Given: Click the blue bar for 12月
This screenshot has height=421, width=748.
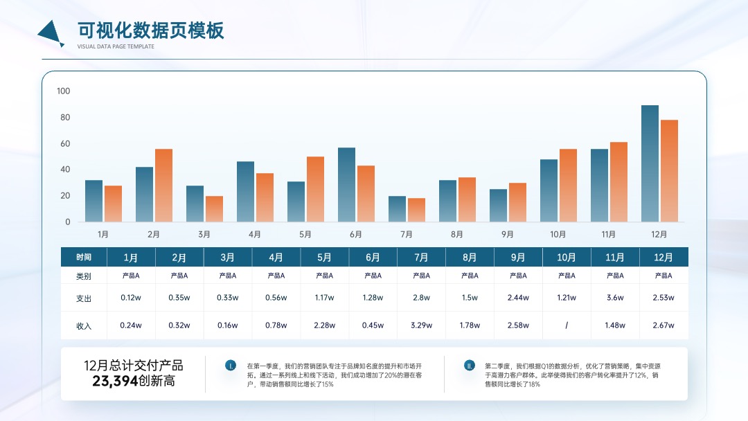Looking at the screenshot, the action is click(650, 163).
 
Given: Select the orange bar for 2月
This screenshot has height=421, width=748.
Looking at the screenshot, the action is click(163, 186).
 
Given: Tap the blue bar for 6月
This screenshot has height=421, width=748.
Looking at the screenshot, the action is click(346, 184).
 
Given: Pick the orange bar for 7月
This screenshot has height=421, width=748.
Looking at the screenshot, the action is click(416, 210).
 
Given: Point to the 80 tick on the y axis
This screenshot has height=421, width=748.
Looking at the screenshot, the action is click(65, 117).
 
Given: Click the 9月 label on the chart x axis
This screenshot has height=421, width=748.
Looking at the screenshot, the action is click(507, 234).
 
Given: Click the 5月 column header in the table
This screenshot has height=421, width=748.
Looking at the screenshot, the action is click(324, 258).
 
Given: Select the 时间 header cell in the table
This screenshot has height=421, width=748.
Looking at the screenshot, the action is click(84, 258).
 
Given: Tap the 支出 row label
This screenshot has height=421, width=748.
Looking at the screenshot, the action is click(84, 298).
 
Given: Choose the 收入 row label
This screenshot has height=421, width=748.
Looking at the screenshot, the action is click(84, 326).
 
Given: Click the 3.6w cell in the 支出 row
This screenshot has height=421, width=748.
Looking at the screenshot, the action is click(615, 298).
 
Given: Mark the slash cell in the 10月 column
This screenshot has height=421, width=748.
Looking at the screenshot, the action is click(567, 325).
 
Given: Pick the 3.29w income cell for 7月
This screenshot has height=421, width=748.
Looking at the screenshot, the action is click(421, 325).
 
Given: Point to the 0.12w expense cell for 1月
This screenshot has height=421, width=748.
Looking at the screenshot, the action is click(131, 298).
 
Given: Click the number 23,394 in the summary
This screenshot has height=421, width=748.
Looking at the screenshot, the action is click(115, 381).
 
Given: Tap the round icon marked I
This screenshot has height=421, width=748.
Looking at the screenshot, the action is click(231, 366).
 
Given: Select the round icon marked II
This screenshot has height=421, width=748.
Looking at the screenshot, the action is click(470, 366).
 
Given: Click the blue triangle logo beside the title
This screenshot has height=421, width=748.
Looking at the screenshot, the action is click(51, 33).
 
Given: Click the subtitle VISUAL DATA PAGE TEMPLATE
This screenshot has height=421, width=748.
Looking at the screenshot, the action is click(116, 46).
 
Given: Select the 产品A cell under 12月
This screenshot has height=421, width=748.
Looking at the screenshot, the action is click(663, 276).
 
